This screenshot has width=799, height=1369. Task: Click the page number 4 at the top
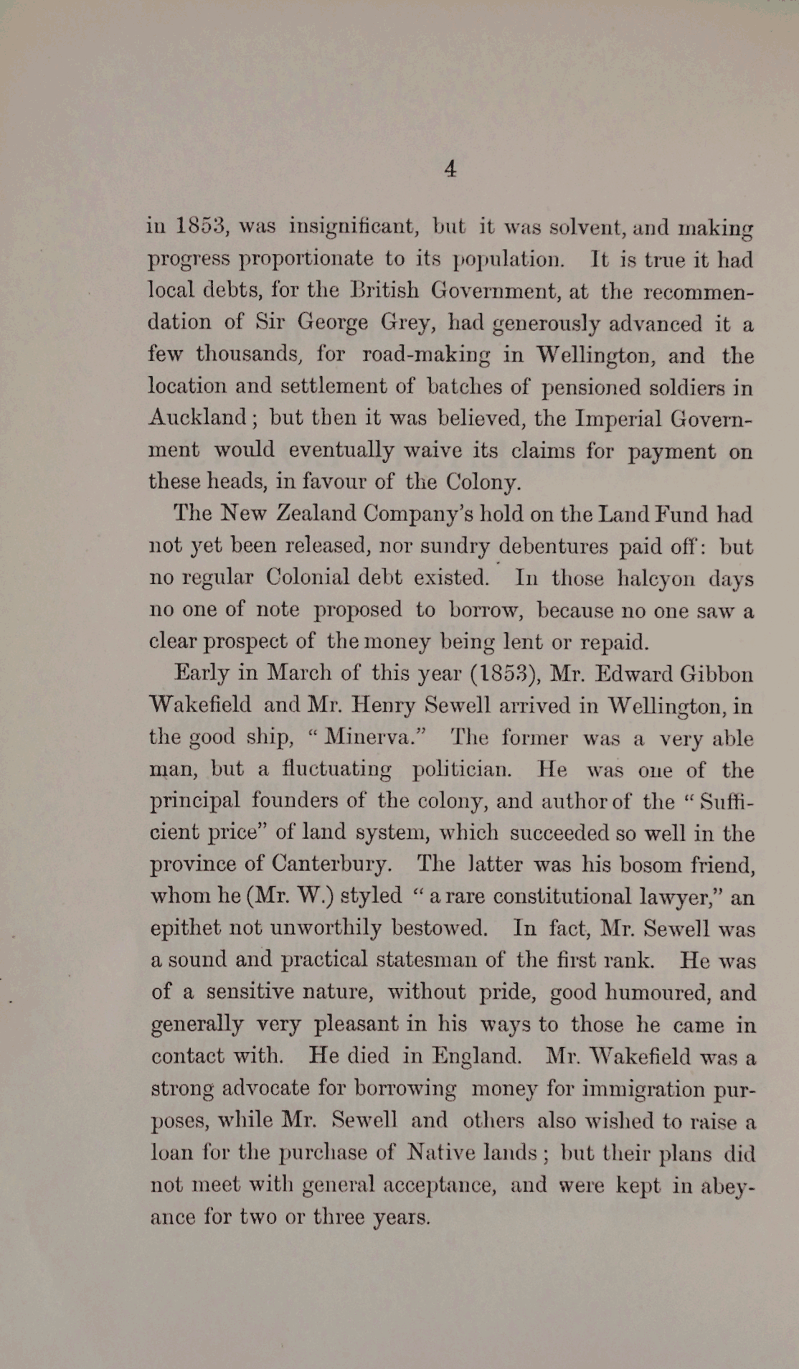(x=450, y=169)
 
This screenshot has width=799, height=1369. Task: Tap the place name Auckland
(x=198, y=418)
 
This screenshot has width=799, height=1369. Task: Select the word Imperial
(x=618, y=418)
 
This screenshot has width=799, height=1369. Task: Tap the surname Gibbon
(x=716, y=674)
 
